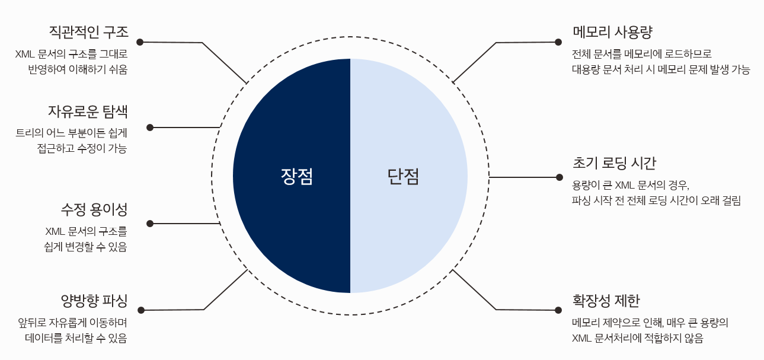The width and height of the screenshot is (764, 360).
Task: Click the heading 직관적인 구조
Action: click(x=88, y=32)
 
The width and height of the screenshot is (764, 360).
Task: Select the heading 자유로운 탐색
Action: click(x=88, y=111)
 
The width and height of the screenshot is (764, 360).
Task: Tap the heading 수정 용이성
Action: click(x=94, y=209)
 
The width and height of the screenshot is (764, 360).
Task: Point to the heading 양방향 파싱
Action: click(x=94, y=300)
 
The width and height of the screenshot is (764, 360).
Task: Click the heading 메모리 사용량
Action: click(x=612, y=32)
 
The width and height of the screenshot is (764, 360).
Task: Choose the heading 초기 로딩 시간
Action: click(x=614, y=163)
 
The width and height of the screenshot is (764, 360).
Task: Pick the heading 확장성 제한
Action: click(x=606, y=301)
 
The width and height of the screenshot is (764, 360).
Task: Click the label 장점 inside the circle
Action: click(x=296, y=176)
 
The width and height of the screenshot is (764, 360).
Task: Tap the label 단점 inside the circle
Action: click(x=403, y=176)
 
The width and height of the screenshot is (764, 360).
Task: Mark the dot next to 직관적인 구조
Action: click(x=140, y=42)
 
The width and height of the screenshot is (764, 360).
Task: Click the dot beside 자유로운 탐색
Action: click(x=150, y=128)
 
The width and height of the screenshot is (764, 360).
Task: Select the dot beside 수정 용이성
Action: click(x=150, y=224)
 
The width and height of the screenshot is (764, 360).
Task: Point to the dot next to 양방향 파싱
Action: click(x=141, y=310)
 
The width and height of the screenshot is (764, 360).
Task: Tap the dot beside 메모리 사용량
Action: click(x=558, y=42)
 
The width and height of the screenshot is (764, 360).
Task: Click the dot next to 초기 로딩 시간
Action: click(x=559, y=177)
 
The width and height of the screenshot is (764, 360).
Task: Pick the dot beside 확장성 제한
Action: click(x=558, y=310)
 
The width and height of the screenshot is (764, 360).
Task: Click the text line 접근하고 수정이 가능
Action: click(x=82, y=149)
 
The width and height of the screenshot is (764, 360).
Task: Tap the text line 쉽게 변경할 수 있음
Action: click(x=85, y=247)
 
